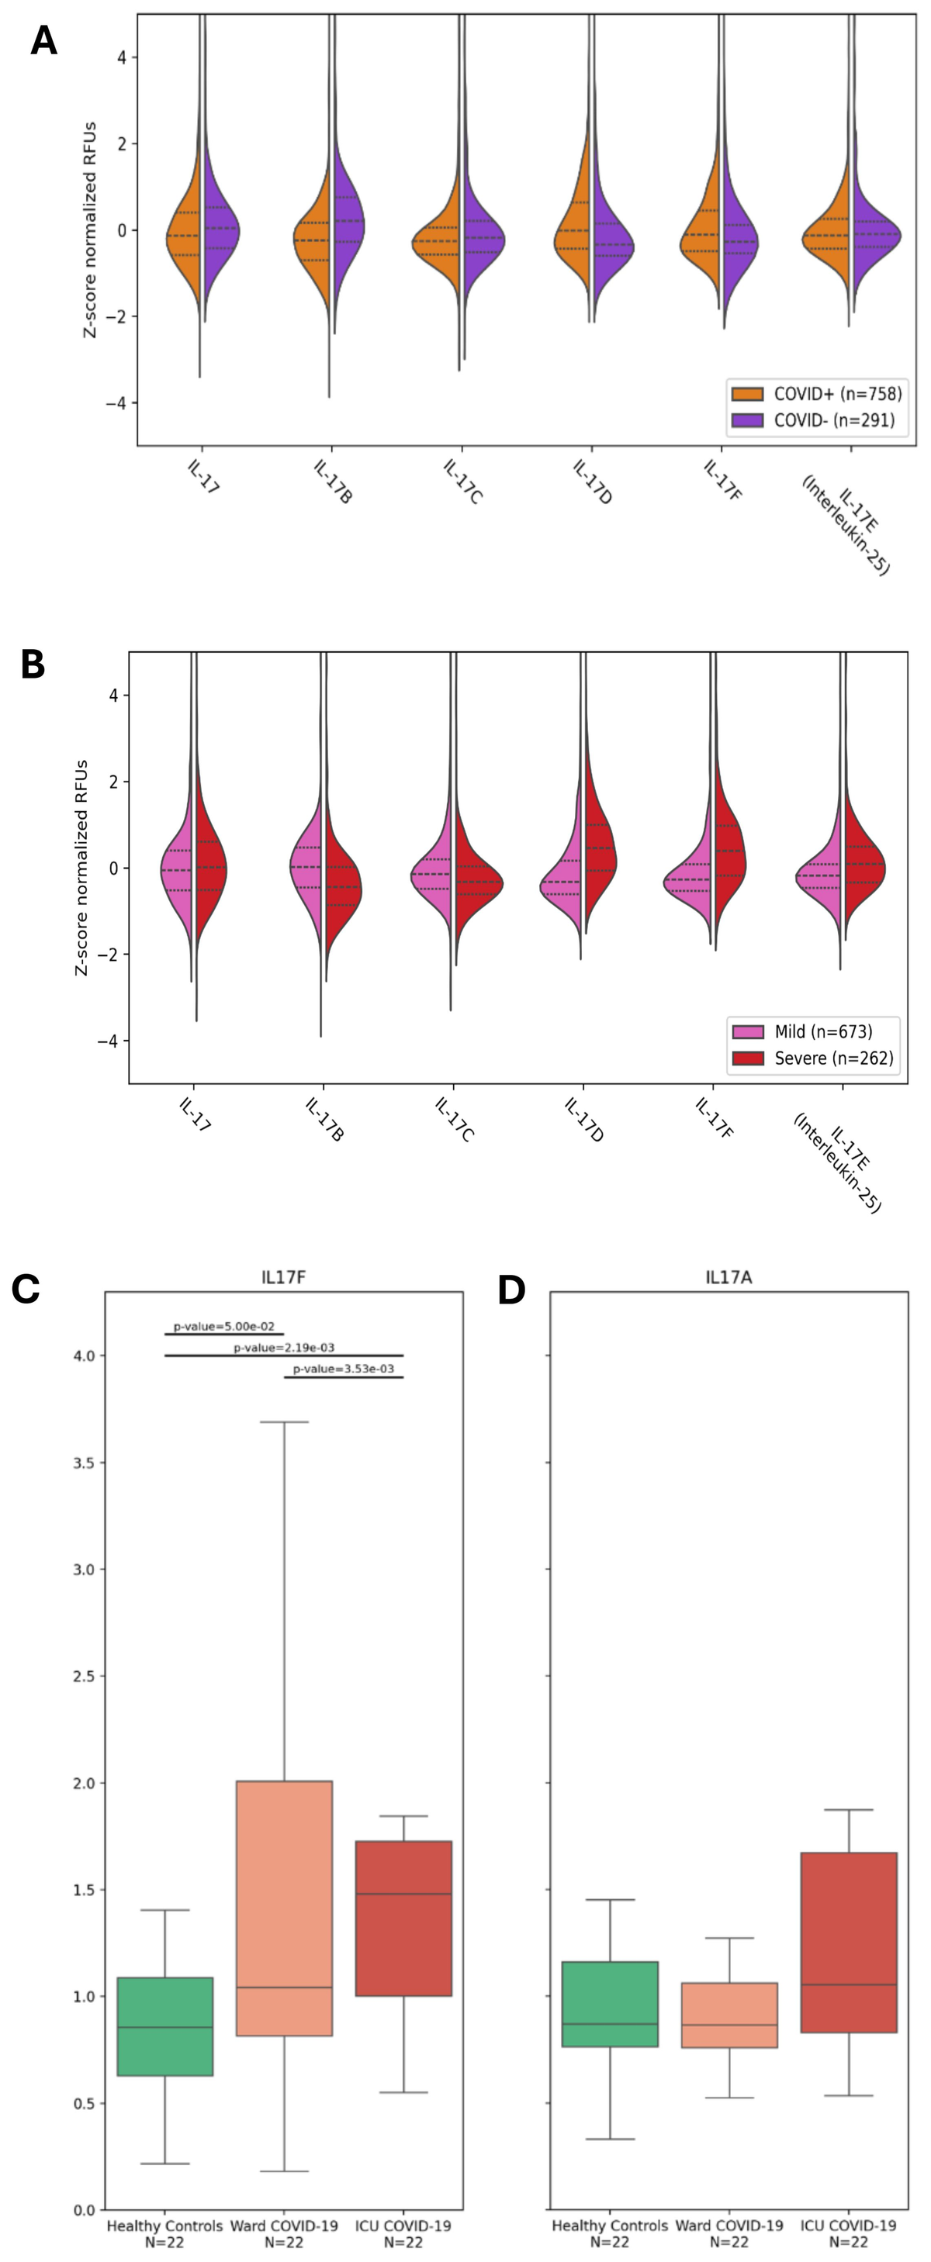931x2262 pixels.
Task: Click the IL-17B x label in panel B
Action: pyautogui.click(x=324, y=1119)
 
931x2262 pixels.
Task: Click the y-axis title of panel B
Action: pyautogui.click(x=81, y=868)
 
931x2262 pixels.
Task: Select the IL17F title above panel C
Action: pyautogui.click(x=284, y=1276)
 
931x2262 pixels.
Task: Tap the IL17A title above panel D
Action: pyautogui.click(x=729, y=1276)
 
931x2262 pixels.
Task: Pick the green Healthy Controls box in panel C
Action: pyautogui.click(x=165, y=2025)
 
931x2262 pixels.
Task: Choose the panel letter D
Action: pyautogui.click(x=511, y=1290)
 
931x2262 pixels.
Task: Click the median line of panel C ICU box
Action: pyautogui.click(x=403, y=1893)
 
